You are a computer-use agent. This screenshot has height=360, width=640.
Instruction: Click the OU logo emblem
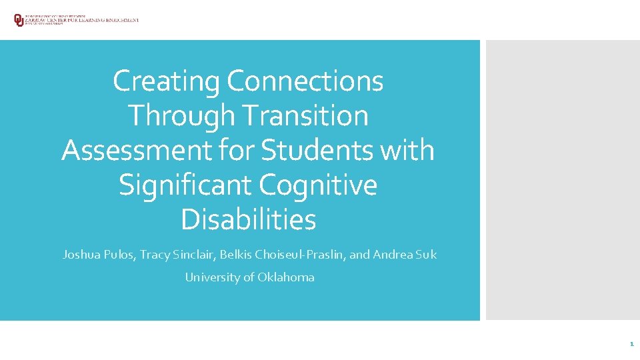click(18, 20)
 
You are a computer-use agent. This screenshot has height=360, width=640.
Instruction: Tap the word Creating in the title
click(167, 81)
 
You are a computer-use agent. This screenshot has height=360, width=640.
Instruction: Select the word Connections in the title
click(305, 81)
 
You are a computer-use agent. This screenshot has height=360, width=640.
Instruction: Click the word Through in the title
click(181, 116)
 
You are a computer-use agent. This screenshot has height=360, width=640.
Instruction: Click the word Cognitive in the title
click(318, 185)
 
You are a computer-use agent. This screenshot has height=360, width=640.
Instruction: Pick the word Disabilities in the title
click(248, 220)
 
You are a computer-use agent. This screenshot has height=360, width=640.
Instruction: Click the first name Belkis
click(237, 255)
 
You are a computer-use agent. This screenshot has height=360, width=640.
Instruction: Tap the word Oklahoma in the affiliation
click(286, 277)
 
